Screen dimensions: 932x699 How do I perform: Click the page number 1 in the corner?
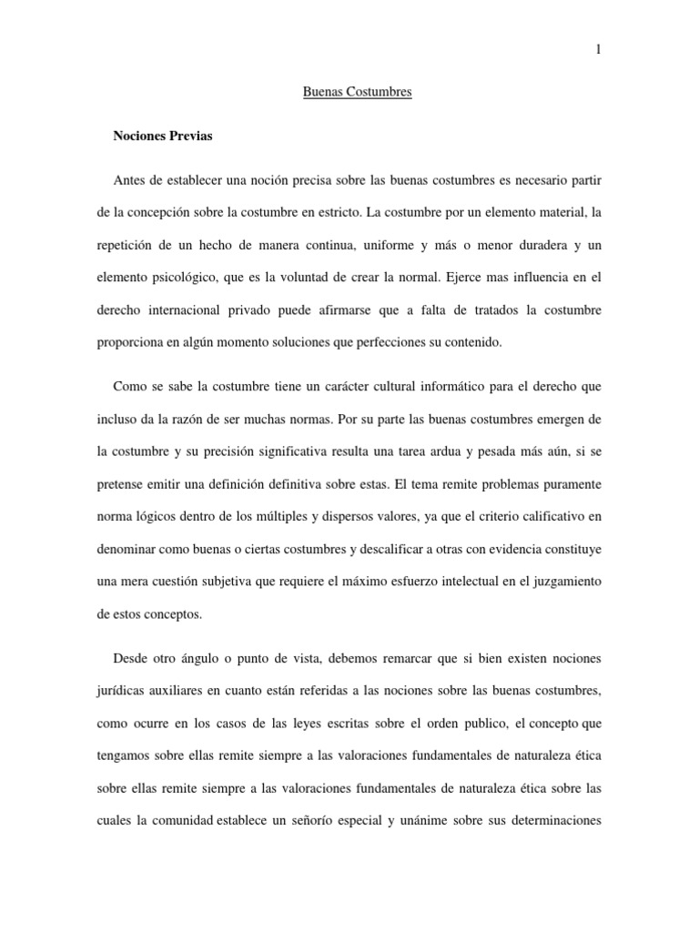(598, 50)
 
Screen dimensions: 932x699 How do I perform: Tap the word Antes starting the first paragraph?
(130, 181)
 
